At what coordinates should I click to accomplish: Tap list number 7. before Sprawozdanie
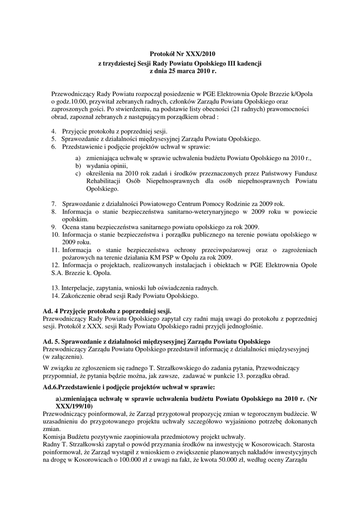pos(54,204)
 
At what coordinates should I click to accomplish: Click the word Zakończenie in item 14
pos(79,296)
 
